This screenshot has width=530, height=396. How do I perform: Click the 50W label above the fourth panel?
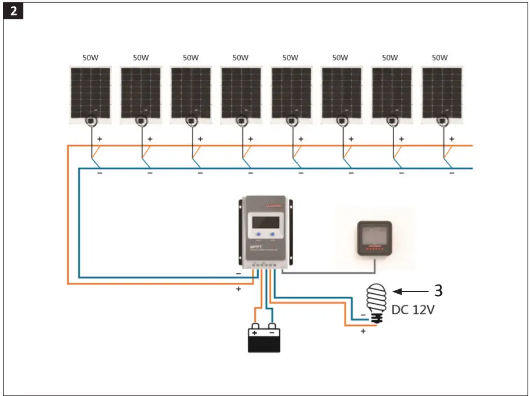pyautogui.click(x=240, y=58)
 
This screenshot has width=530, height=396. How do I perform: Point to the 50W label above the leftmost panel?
pyautogui.click(x=90, y=58)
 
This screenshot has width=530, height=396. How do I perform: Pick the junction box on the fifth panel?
pyautogui.click(x=291, y=120)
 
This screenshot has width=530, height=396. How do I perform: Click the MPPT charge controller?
pyautogui.click(x=264, y=230)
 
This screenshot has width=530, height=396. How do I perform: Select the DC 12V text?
pyautogui.click(x=413, y=310)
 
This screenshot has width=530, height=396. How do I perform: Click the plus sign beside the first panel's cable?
pyautogui.click(x=100, y=139)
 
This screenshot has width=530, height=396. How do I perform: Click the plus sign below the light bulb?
pyautogui.click(x=363, y=331)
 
